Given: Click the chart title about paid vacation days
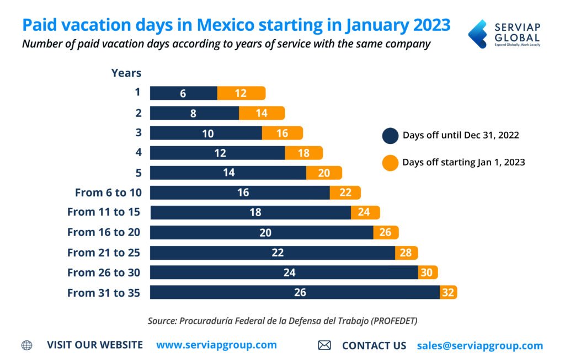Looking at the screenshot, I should pos(236,25).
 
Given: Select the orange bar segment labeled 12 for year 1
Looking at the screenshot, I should pos(241,93).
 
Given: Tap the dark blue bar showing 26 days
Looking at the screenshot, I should pos(295,292).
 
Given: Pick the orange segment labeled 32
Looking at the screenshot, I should pos(448,292).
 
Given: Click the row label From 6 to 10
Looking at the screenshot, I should pos(108,192).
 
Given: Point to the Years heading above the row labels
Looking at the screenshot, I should pos(126,73).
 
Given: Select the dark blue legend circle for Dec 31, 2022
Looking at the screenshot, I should pos(390,136).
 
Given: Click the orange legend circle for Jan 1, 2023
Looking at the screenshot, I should pos(390,163).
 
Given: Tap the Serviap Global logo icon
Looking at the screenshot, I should pos(477,34).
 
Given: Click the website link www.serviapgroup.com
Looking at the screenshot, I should pos(216,345).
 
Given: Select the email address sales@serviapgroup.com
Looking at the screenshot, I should pos(479,346).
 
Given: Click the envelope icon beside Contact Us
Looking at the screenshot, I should pos(324,346).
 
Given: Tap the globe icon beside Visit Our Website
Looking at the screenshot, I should pos(26,345).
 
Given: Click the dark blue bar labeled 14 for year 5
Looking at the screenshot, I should pos(228,173).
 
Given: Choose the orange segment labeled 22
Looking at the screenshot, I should pos(345,192).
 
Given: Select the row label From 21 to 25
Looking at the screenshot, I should pos(104,253).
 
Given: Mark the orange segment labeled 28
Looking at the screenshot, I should pos(407,253).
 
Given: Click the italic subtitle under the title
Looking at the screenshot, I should pos(226,44).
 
